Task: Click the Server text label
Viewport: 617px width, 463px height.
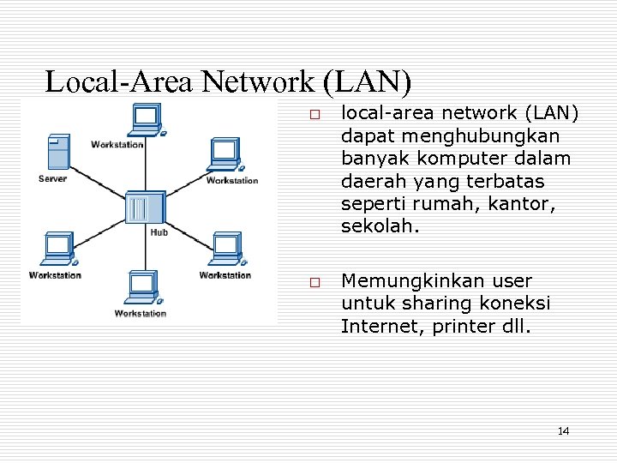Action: click(52, 178)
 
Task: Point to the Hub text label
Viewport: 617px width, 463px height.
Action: click(159, 231)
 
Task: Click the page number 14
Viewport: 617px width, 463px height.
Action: click(563, 430)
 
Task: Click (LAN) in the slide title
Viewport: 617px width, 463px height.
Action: click(368, 81)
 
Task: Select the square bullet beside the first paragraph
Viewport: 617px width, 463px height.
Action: click(314, 115)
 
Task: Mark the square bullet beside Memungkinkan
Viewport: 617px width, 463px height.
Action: click(314, 283)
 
